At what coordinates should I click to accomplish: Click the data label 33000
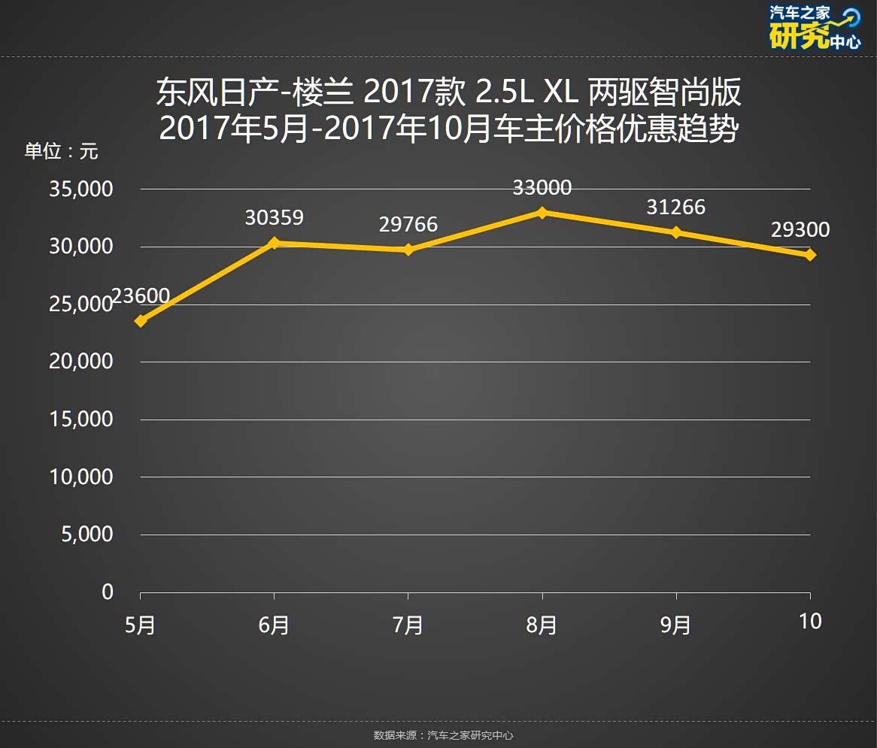coord(542,188)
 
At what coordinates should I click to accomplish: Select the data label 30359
coord(274,218)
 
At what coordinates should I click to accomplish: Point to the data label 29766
coord(408,224)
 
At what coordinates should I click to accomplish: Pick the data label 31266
coord(675,207)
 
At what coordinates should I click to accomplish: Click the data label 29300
coord(800,230)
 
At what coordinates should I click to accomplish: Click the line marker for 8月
coord(542,213)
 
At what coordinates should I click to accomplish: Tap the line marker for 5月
coord(141,321)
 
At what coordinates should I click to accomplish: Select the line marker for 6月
coord(274,243)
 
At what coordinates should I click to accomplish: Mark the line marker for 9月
coord(675,232)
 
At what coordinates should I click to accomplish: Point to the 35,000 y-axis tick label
coord(80,189)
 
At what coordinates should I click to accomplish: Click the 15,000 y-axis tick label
coord(80,419)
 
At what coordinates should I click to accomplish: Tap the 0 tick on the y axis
coord(108,592)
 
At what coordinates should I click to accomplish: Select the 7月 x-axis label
coord(408,625)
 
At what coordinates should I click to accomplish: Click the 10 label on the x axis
coord(810,622)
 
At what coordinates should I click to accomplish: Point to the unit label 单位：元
coord(62,151)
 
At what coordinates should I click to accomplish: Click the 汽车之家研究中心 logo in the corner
coord(815,28)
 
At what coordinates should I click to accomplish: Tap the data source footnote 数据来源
coord(443,734)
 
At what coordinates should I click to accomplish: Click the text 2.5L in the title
coord(503,93)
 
